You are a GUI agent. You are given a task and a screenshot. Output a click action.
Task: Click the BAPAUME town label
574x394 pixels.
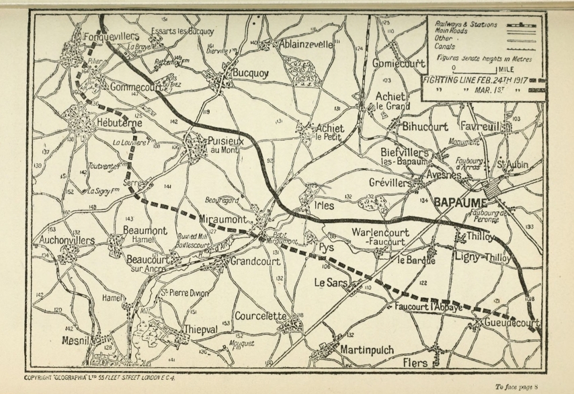pos(462,201)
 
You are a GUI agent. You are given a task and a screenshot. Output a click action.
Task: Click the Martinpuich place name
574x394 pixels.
pos(367,350)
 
